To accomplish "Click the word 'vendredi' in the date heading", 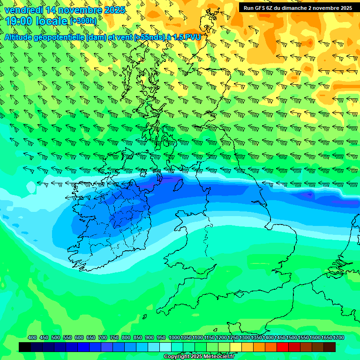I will coord(23,10).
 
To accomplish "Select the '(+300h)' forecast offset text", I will coord(83,21).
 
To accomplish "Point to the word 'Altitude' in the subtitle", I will coord(21,37).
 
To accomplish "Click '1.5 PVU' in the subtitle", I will coord(185,37).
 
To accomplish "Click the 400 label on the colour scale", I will coord(32,337).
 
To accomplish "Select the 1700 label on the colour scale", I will coord(326,337).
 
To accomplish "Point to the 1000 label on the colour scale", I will coord(174,337).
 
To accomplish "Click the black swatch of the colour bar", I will coord(25,347).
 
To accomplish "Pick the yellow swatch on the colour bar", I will coord(236,347).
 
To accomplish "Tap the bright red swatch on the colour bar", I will coord(283,347).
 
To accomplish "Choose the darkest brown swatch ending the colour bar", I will coord(330,347).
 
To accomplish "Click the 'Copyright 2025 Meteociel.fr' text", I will coord(199,357).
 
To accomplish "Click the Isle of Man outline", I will coord(178,185).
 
